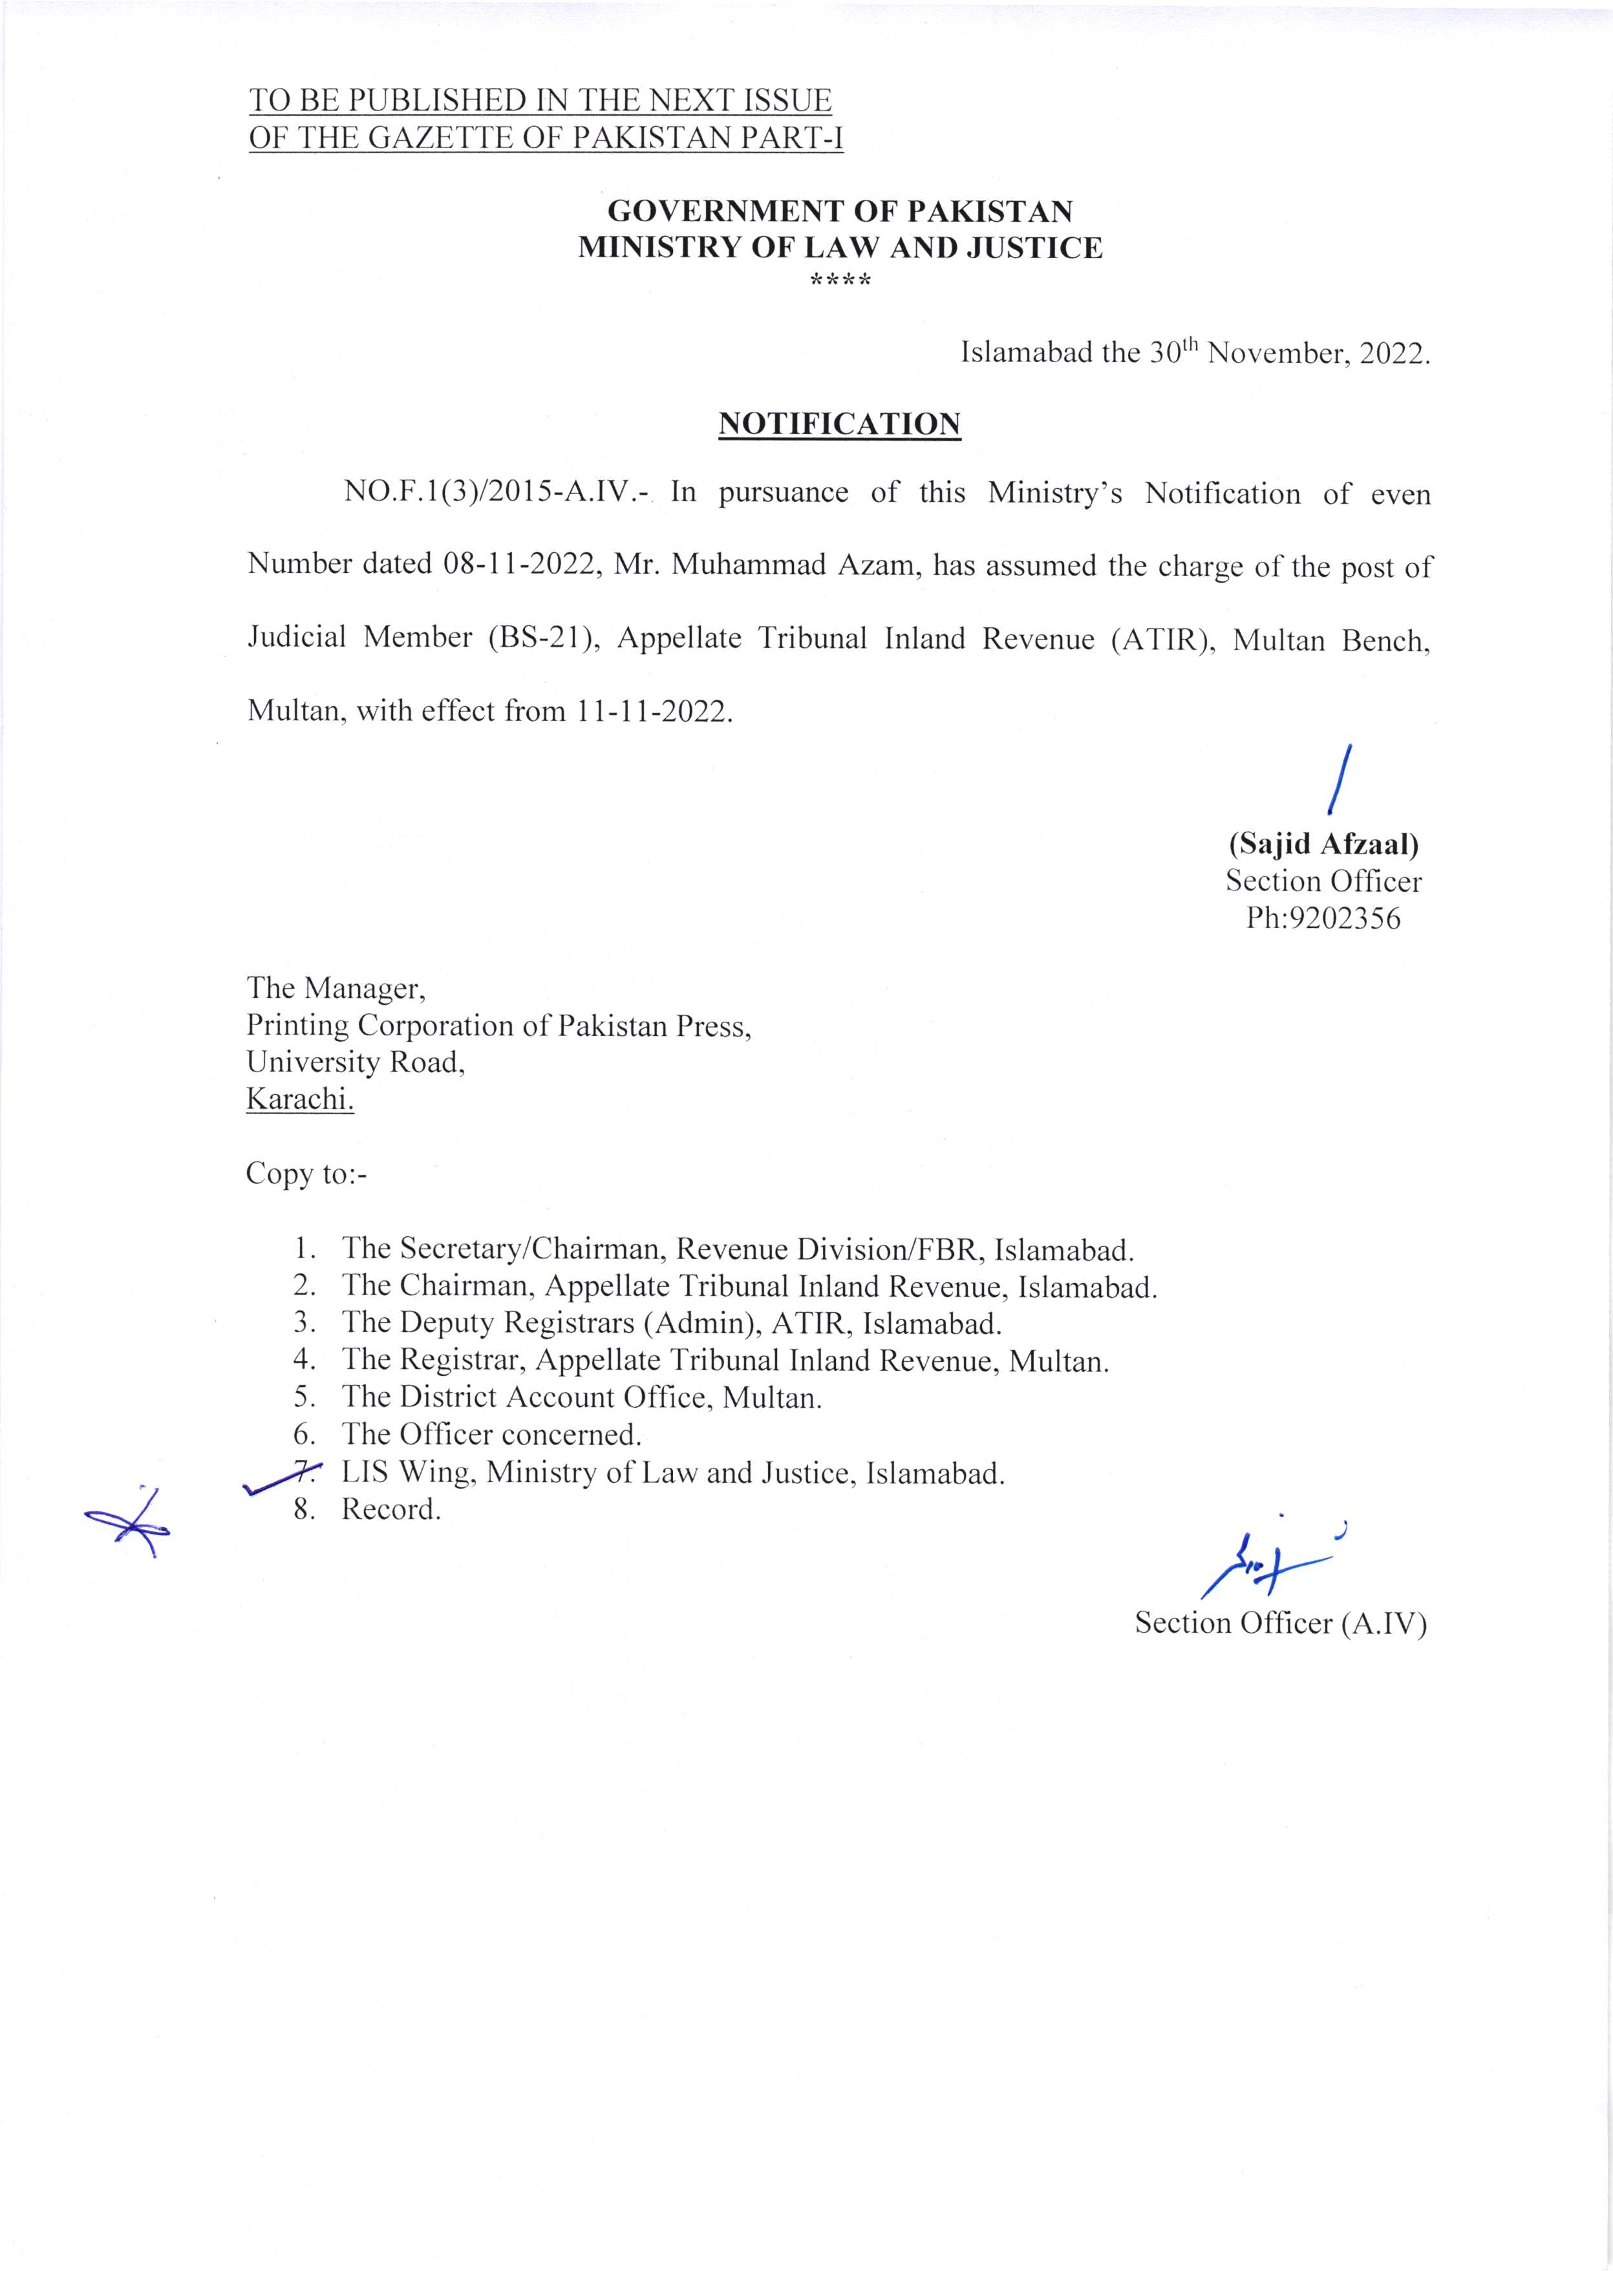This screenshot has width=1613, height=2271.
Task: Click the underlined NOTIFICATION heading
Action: pyautogui.click(x=839, y=424)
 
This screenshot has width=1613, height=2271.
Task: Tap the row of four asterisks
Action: pyautogui.click(x=840, y=282)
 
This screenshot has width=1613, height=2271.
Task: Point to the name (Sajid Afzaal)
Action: pyautogui.click(x=1323, y=845)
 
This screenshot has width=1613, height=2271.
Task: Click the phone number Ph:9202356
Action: pyautogui.click(x=1323, y=918)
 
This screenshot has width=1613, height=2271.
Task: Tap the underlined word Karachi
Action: pyautogui.click(x=300, y=1100)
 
